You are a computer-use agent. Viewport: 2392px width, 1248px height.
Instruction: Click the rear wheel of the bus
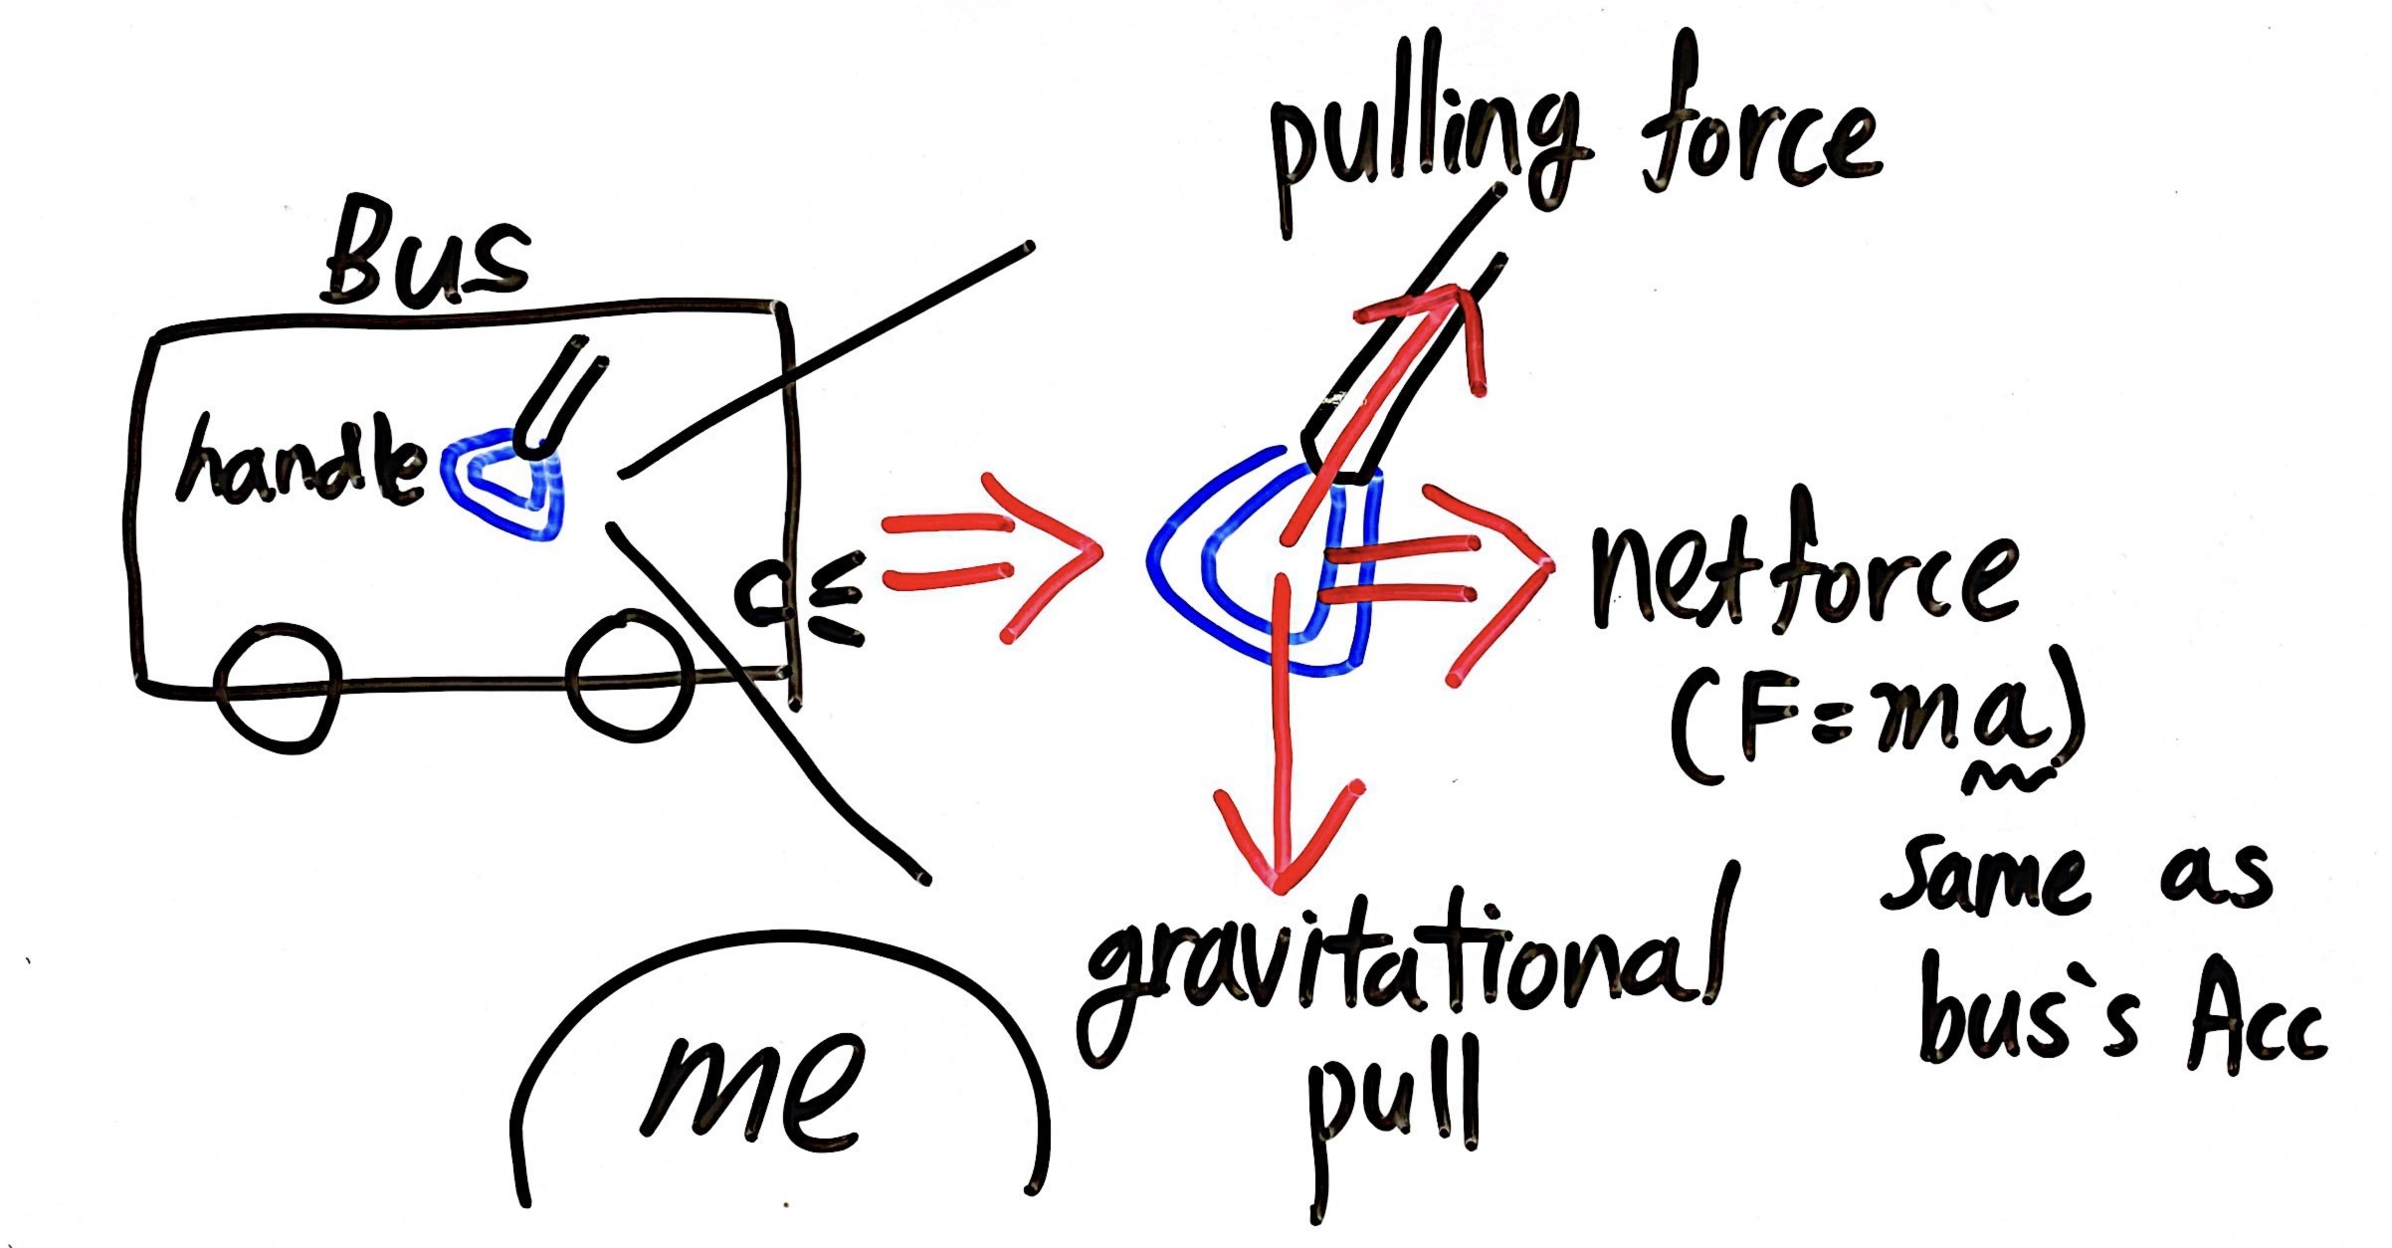pos(279,687)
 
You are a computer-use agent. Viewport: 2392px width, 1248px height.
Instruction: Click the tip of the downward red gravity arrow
pos(1282,881)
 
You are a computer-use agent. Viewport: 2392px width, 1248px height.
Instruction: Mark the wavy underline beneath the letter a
pos(2000,776)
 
